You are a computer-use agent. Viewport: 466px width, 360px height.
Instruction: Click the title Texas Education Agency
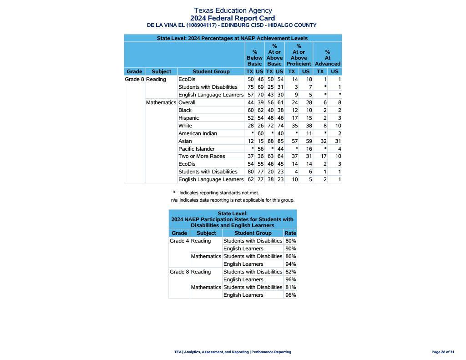coord(233,10)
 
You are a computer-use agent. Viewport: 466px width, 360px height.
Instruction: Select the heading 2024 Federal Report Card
coord(233,18)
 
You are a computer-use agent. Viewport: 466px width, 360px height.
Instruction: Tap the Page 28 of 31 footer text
coord(442,352)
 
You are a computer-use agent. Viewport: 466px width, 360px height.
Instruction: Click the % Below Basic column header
coord(254,58)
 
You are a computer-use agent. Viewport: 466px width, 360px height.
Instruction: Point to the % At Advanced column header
coord(327,58)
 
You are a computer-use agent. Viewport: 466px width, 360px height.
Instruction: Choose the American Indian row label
coord(198,133)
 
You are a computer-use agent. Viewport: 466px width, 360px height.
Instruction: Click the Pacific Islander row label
coord(196,149)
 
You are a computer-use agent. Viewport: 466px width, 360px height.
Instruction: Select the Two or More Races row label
coord(202,156)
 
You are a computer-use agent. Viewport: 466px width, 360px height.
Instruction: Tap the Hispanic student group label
coord(188,118)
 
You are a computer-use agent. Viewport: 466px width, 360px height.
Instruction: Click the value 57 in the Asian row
coord(294,141)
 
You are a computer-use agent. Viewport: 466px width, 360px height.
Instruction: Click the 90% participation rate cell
coord(290,248)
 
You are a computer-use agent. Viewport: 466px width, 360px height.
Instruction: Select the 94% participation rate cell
coord(290,264)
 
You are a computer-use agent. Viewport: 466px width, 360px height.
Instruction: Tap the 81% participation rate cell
coord(290,287)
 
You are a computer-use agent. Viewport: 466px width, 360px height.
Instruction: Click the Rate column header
coord(290,233)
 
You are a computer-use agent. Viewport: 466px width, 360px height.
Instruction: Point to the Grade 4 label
coord(179,241)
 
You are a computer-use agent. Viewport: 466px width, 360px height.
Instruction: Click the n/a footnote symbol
coord(174,200)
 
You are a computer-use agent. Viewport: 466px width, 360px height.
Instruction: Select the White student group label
coord(185,126)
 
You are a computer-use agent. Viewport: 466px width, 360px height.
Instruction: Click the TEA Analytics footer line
coord(233,352)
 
